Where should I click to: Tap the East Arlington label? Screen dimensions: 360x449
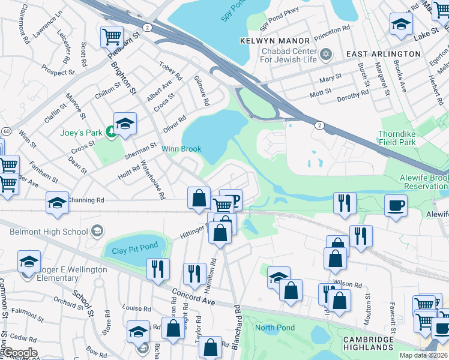[384, 54]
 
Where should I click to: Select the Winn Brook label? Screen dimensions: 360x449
[181, 149]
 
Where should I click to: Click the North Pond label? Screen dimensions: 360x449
[275, 328]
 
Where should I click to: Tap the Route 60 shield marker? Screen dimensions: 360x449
[6, 131]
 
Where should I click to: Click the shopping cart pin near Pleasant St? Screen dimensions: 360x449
[112, 36]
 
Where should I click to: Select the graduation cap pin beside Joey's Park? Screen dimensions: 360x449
[125, 124]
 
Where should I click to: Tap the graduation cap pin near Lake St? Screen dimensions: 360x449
[401, 24]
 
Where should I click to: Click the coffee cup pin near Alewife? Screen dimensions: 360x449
[396, 205]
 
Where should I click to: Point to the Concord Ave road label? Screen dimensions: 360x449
[193, 297]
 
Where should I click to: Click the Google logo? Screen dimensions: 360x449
[19, 353]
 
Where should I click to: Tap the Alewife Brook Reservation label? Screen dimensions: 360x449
[424, 183]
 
